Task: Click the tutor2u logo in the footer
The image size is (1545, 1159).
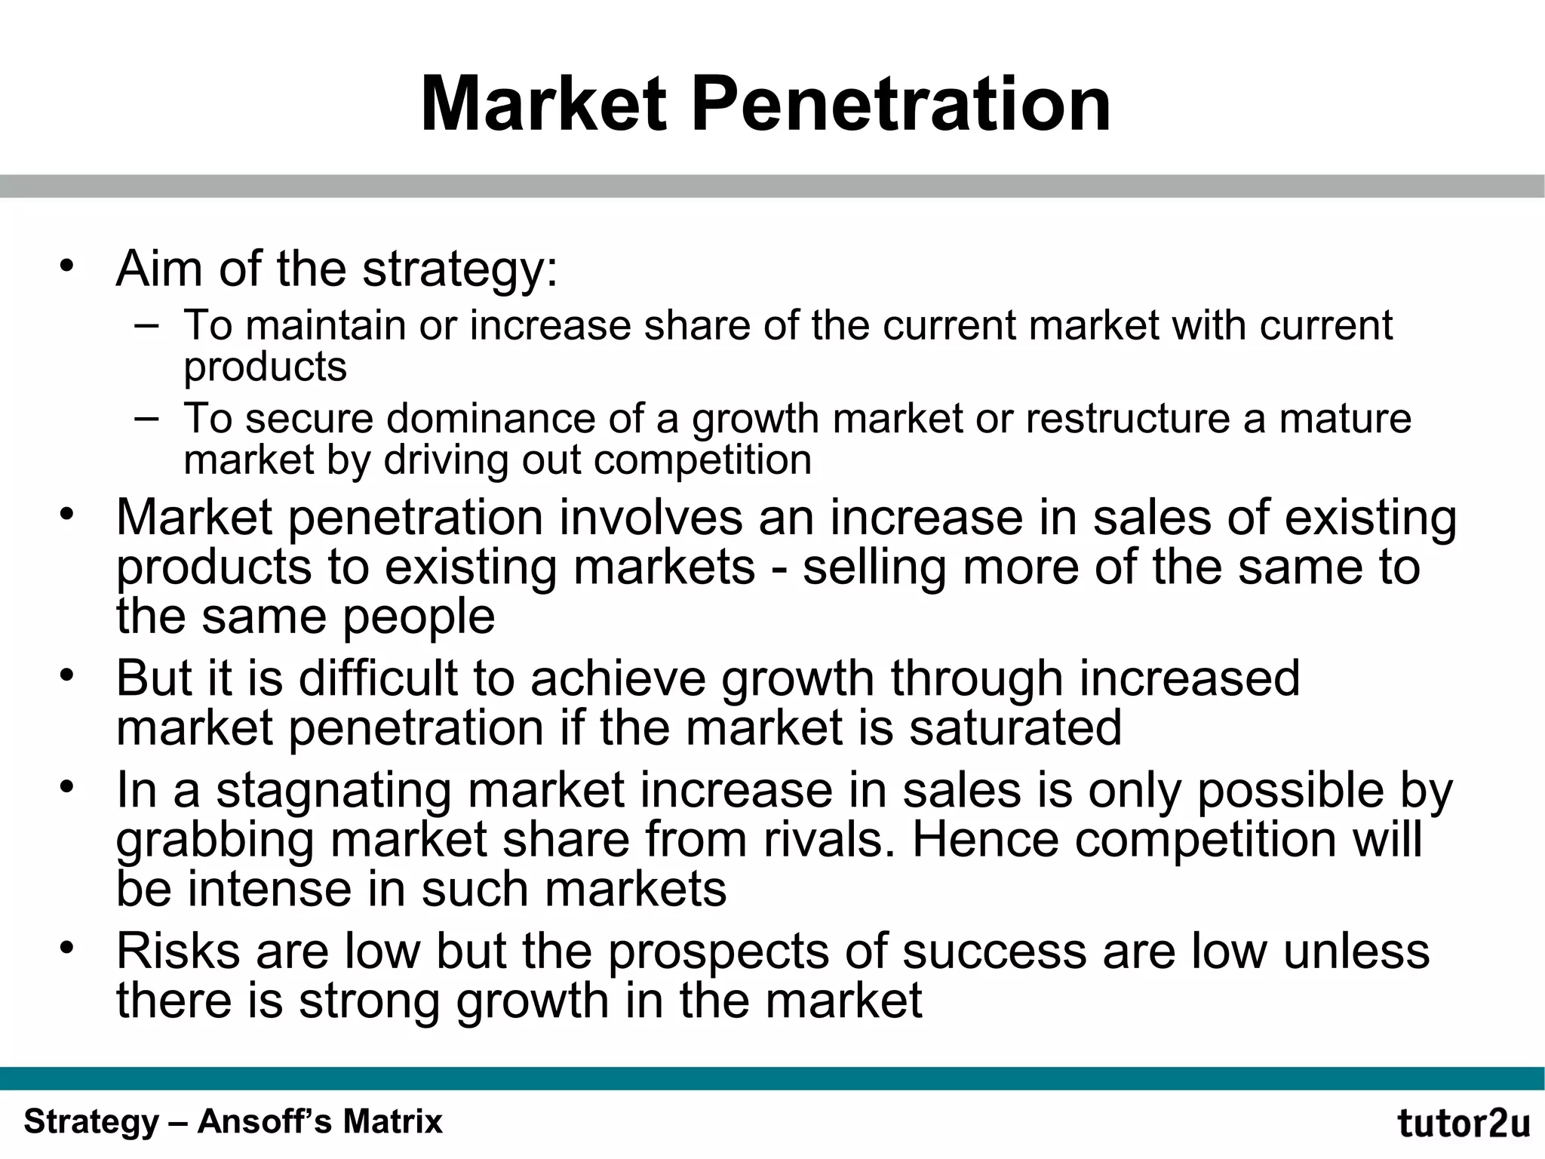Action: coord(1464,1124)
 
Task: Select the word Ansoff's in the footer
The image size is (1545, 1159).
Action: coord(266,1122)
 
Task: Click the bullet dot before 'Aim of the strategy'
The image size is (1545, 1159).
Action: coord(68,266)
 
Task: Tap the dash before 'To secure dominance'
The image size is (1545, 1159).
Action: coord(146,417)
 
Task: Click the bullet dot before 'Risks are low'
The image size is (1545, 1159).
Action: coord(68,947)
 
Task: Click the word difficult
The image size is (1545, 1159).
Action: coord(378,678)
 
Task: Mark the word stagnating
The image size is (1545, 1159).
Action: coord(333,791)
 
